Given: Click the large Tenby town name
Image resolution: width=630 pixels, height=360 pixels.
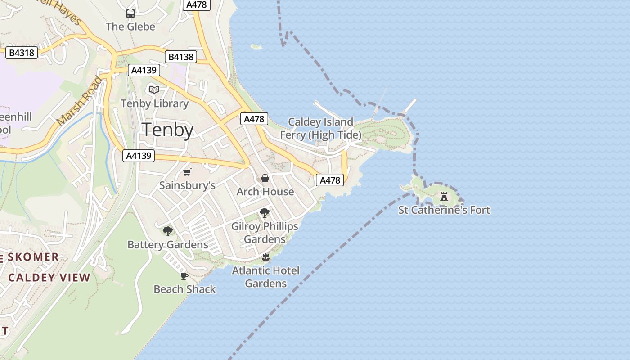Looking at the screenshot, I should (168, 130).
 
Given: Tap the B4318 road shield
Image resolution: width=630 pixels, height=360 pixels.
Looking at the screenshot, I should (22, 53).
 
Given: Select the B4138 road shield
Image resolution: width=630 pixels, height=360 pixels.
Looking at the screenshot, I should (181, 57).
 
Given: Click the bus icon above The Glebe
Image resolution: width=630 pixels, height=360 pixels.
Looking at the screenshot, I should (130, 13).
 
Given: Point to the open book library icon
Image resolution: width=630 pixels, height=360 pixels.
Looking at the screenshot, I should (154, 90).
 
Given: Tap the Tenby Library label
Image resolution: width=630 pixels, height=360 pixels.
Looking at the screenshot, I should (154, 103).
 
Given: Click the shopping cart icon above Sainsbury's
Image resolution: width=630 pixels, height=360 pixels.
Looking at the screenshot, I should (187, 172).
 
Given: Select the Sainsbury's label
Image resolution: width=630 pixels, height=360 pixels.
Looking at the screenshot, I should (187, 185).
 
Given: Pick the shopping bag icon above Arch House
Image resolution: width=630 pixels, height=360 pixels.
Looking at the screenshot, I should (265, 178).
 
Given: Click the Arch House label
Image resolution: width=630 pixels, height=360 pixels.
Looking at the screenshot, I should (265, 192).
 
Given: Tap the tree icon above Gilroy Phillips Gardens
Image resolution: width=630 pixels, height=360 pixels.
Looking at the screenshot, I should (265, 213).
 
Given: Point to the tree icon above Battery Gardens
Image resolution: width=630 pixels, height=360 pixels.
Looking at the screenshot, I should (168, 231).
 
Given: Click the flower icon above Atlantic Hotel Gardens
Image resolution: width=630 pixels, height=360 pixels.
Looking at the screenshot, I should (265, 257).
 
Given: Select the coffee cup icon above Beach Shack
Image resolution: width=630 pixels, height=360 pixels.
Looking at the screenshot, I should (184, 275).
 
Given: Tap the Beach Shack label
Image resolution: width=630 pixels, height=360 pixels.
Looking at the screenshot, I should (184, 289).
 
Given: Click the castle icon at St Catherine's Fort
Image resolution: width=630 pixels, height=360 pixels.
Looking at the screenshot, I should (444, 197).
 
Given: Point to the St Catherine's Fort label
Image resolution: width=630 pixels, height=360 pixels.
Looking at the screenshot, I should (444, 210).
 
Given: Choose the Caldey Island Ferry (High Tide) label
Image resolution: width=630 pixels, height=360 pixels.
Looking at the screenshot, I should (320, 128).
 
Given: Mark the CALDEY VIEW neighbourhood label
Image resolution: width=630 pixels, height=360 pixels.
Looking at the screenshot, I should (49, 277).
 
